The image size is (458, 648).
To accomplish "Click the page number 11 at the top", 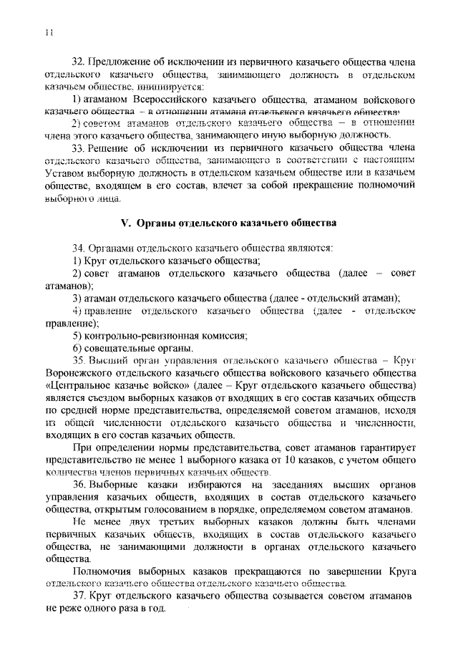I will (x=48, y=32).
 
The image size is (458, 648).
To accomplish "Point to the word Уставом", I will (x=65, y=173).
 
